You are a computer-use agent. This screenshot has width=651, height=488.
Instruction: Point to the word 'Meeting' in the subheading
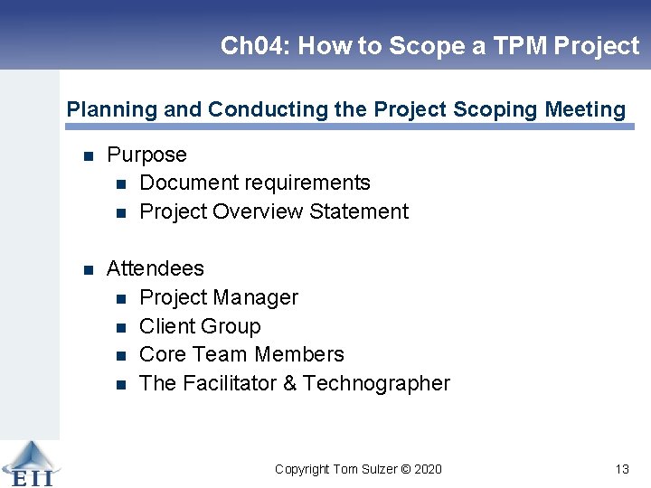(x=585, y=110)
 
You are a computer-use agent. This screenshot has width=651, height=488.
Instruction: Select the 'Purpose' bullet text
(x=146, y=155)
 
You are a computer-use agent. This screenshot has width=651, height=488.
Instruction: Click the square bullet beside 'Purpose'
(x=89, y=156)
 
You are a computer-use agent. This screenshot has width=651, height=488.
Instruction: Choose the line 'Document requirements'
(x=255, y=183)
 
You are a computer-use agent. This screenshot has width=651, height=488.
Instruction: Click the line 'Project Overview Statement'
(x=274, y=211)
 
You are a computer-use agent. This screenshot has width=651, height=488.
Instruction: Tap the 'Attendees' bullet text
(x=156, y=268)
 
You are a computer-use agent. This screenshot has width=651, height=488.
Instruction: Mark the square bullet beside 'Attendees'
(x=89, y=269)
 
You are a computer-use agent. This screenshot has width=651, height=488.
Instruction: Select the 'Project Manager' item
(x=219, y=297)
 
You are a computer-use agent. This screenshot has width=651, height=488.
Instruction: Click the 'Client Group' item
(x=200, y=326)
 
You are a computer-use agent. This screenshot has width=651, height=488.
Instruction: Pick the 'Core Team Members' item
(x=241, y=354)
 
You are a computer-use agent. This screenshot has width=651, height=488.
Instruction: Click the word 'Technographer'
(x=376, y=383)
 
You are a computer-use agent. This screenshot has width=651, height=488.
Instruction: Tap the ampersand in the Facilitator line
(x=289, y=383)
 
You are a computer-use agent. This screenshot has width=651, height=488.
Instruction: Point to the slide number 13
(x=621, y=469)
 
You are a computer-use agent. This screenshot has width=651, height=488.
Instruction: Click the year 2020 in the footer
(x=429, y=469)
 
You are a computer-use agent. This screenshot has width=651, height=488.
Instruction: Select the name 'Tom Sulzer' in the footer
(x=365, y=469)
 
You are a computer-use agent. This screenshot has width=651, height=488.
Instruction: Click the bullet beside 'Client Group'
(x=121, y=327)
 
